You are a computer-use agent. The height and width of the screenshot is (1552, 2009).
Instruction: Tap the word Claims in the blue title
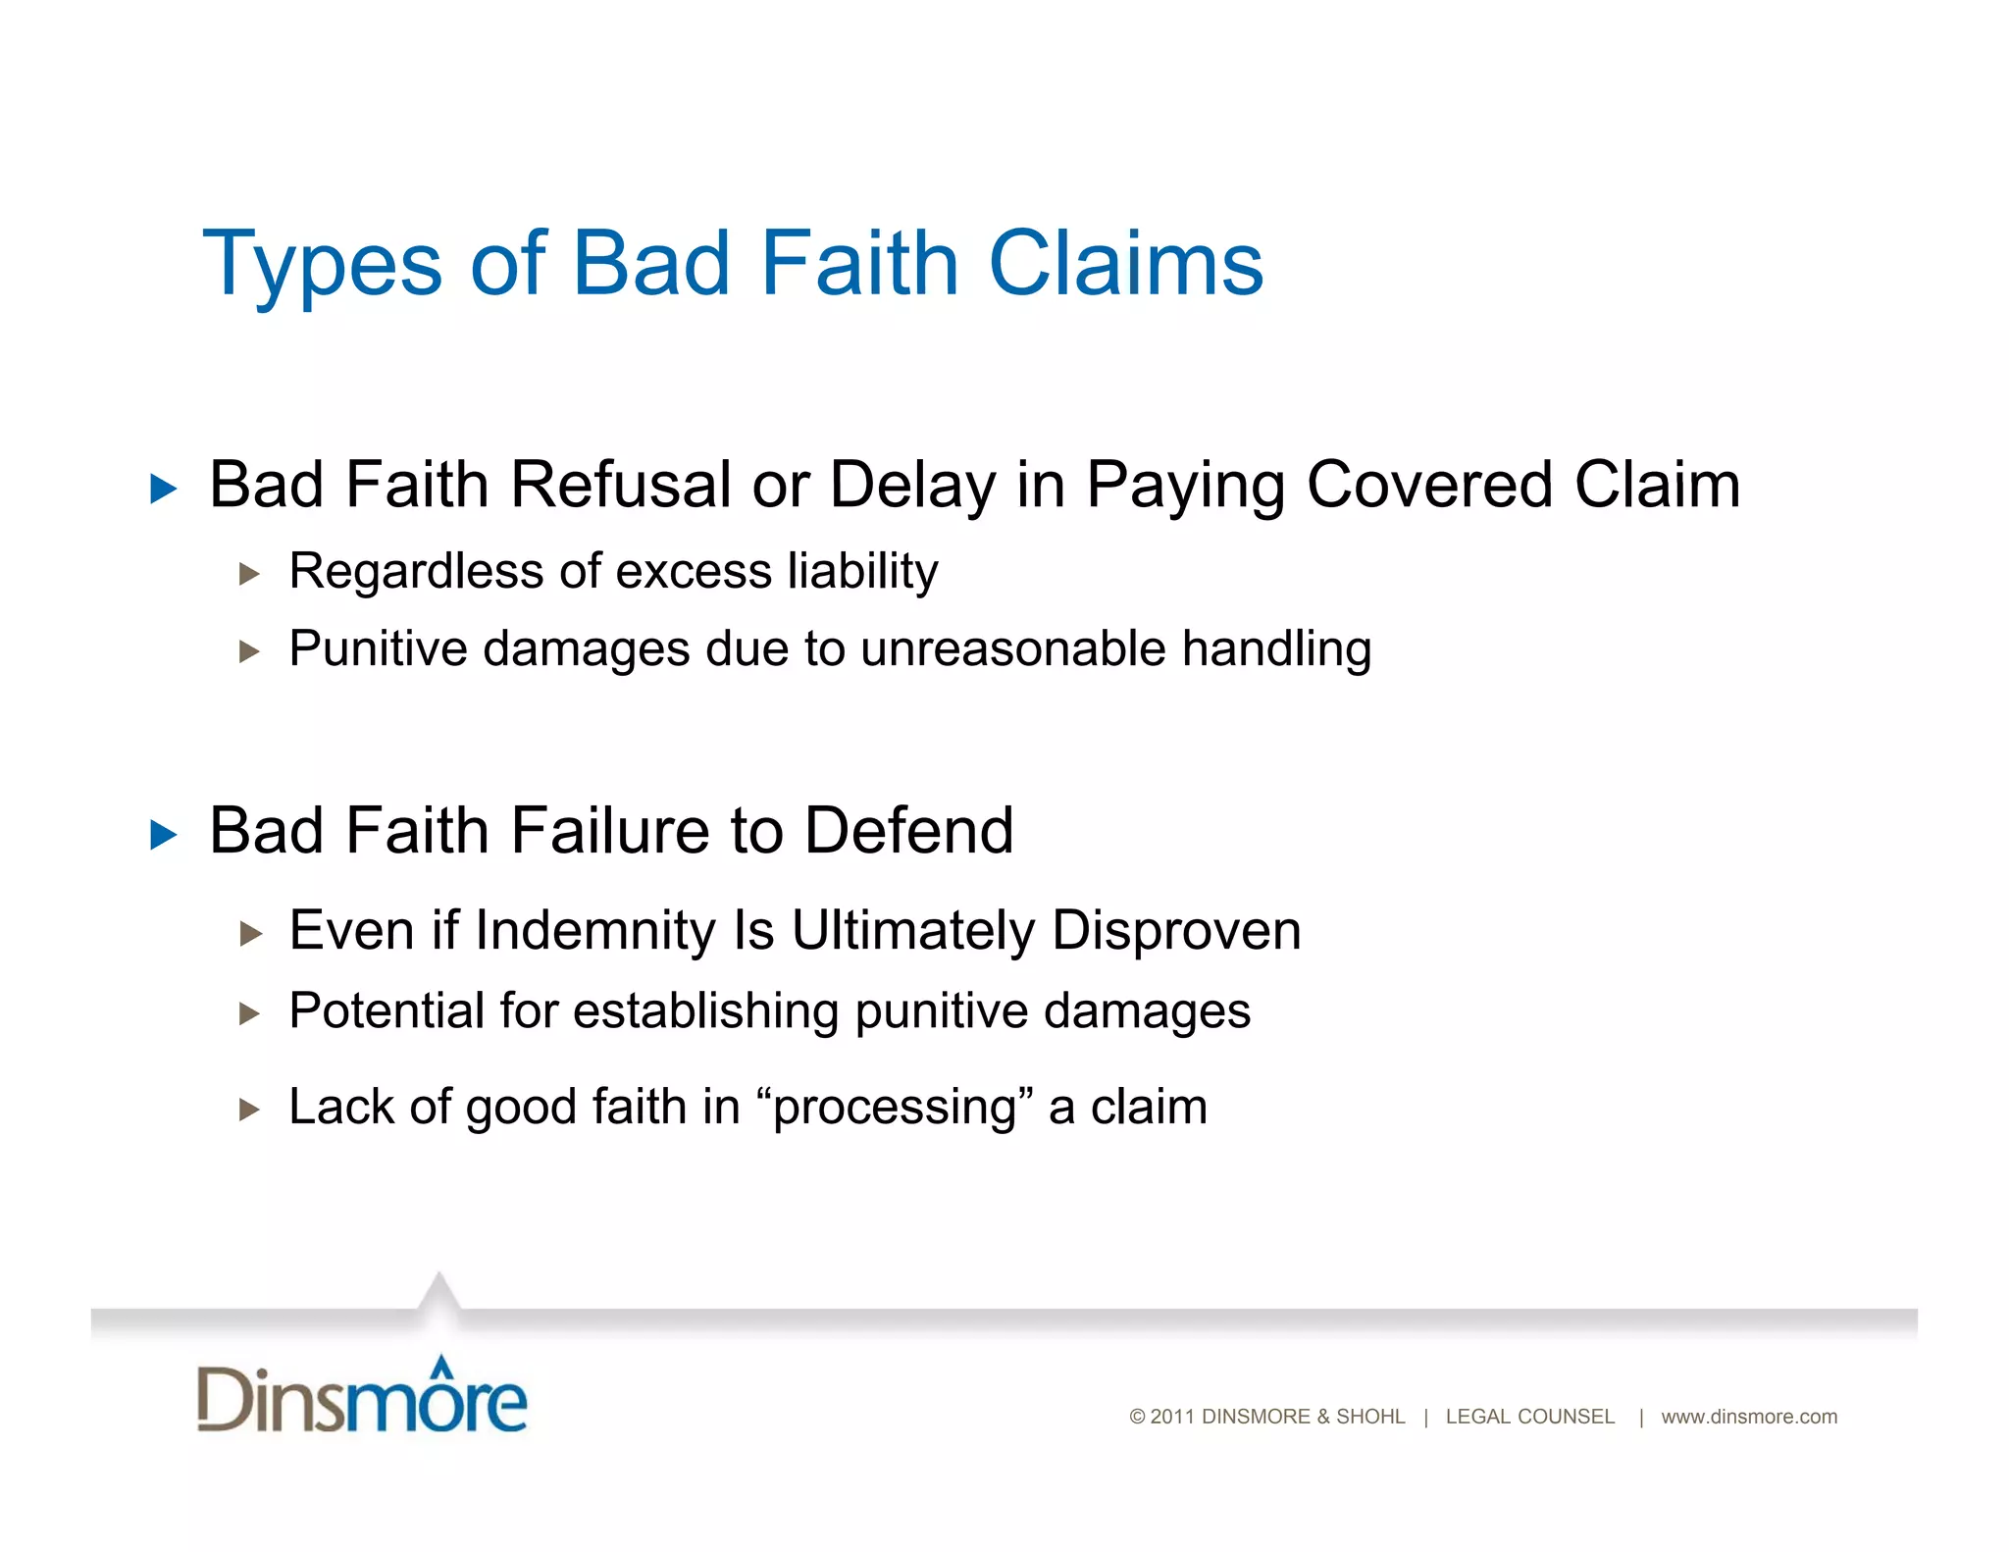[1125, 263]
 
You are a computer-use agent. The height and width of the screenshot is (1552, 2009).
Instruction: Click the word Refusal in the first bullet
[620, 485]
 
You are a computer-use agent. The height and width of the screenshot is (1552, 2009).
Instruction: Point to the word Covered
[1428, 485]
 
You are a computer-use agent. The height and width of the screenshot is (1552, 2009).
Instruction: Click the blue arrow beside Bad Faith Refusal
[164, 489]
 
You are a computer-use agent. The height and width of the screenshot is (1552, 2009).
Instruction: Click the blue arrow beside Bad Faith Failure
[164, 835]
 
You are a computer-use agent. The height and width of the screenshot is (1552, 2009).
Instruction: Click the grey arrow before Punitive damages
[249, 651]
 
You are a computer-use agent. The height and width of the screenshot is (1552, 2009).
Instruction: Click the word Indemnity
[595, 930]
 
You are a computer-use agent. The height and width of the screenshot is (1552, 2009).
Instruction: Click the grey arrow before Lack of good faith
[249, 1111]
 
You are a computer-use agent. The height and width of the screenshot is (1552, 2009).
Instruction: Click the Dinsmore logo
[362, 1396]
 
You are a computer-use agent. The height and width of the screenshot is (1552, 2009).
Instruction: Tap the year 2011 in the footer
[1171, 1417]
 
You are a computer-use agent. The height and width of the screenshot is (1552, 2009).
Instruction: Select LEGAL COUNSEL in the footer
[1529, 1417]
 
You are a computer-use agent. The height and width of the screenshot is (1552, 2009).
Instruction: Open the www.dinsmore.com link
[1748, 1417]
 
